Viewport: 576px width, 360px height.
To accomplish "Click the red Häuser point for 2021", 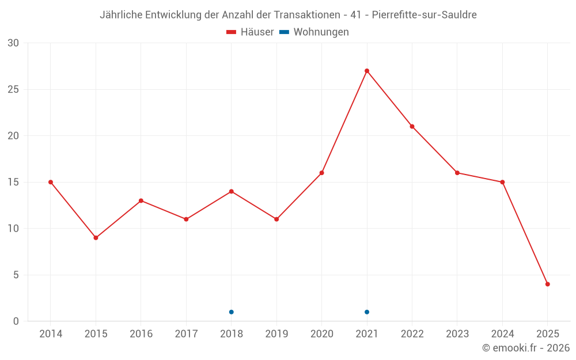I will point(367,71).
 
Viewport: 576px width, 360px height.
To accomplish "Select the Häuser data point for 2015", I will point(96,238).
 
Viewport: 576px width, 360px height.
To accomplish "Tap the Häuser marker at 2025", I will point(548,284).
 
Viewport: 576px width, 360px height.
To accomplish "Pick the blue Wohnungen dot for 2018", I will point(232,312).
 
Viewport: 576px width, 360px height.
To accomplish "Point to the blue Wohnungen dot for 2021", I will point(367,312).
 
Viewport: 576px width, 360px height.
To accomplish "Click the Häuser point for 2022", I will point(412,127).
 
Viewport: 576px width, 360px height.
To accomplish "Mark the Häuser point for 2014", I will point(51,182).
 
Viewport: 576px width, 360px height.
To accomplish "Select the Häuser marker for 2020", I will point(322,173).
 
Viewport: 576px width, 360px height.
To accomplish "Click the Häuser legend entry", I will point(250,32).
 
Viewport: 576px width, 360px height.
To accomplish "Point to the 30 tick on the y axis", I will point(13,43).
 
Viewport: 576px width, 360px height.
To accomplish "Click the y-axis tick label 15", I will point(13,182).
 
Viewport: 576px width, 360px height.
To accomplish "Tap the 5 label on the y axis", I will point(16,275).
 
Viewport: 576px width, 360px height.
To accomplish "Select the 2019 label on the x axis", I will point(276,334).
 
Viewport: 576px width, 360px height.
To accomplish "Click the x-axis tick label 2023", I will point(457,334).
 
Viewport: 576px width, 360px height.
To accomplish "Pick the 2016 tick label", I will point(141,334).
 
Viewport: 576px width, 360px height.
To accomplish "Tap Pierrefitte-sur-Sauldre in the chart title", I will point(425,15).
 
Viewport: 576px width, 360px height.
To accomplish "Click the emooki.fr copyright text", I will point(526,348).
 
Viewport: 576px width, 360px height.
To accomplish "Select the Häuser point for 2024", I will point(502,182).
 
